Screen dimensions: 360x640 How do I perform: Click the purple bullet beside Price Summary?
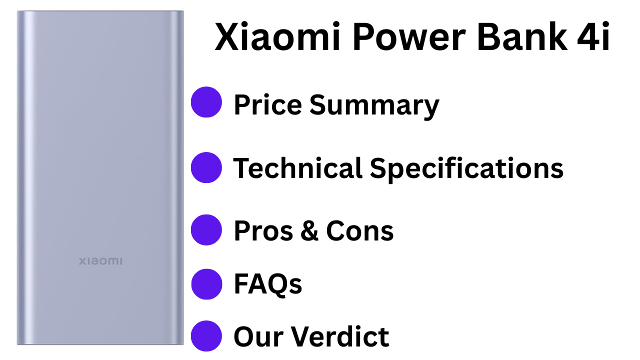pos(206,102)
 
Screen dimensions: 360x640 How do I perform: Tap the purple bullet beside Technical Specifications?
pos(206,167)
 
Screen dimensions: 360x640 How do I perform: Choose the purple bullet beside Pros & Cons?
pos(206,230)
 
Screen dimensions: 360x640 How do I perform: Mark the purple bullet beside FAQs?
pos(206,284)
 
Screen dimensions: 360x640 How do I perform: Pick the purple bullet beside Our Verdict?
pos(206,336)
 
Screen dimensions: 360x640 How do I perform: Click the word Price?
pos(267,105)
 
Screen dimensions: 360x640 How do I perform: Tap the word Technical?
pos(297,168)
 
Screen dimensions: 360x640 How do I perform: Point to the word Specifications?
pos(466,169)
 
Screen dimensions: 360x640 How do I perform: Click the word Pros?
pos(263,231)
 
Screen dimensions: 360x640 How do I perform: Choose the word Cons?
pos(360,231)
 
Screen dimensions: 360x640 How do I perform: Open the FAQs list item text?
pos(268,284)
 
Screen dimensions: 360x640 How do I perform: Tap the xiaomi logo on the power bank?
pos(100,261)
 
